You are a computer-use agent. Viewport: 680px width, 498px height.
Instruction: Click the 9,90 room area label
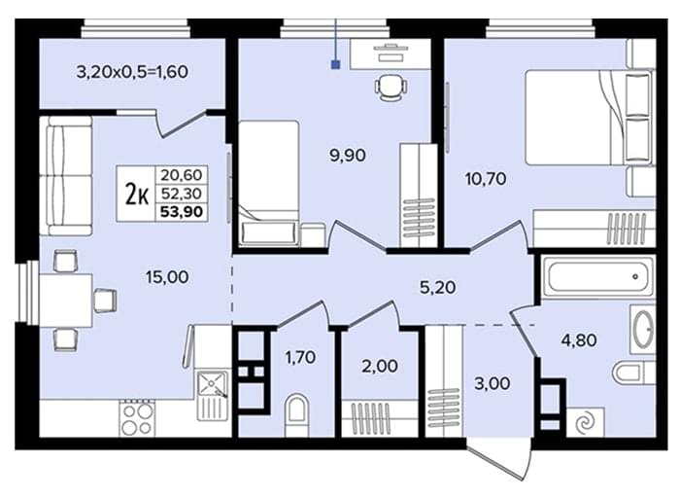click(348, 155)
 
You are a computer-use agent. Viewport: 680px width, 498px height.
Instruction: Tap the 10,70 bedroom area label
click(486, 178)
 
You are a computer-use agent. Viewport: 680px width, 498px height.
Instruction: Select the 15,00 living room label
click(167, 276)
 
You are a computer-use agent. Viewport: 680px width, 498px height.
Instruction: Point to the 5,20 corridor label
click(437, 287)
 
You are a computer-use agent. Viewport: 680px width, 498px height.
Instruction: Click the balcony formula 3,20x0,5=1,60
click(132, 72)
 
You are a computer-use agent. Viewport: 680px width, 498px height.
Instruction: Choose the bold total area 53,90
click(182, 212)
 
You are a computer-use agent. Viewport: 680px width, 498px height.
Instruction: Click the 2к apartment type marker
click(137, 194)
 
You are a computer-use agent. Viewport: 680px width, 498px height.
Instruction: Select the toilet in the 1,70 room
click(296, 414)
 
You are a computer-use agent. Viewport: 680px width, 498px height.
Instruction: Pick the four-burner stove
click(138, 418)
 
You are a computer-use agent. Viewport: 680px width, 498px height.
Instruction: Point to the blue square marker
click(336, 65)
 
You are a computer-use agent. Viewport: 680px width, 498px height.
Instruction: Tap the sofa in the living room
click(66, 176)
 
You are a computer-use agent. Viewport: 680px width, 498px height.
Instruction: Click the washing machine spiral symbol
click(586, 422)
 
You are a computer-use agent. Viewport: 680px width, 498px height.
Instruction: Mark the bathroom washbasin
click(642, 329)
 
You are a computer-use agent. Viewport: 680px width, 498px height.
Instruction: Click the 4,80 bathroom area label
click(579, 340)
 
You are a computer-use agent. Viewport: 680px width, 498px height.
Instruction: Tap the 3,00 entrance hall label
click(493, 384)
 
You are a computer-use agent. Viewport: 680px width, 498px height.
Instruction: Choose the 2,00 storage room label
click(380, 366)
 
